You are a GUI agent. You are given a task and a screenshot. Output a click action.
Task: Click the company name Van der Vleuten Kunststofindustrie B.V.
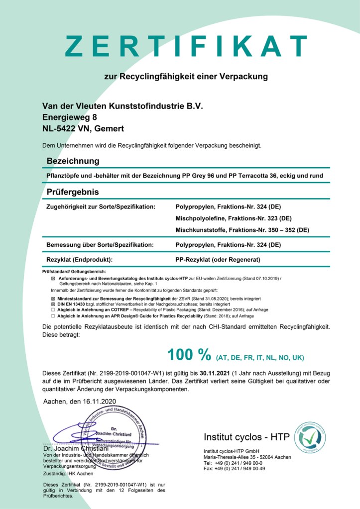pyautogui.click(x=123, y=106)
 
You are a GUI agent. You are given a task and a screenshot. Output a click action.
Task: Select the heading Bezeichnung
pyautogui.click(x=73, y=161)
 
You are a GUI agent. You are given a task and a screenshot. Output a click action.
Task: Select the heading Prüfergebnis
pyautogui.click(x=73, y=192)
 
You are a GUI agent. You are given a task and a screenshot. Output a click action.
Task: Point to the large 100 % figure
pyautogui.click(x=190, y=355)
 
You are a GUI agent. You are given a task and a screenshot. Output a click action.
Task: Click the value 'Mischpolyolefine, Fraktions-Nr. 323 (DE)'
pyautogui.click(x=234, y=218)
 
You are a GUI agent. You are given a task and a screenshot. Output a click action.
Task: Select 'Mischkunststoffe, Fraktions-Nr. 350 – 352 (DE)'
pyautogui.click(x=242, y=230)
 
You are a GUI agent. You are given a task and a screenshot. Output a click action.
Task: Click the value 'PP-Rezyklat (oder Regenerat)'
pyautogui.click(x=218, y=259)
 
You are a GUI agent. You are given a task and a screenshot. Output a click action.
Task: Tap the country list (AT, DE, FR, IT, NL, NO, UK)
pyautogui.click(x=260, y=357)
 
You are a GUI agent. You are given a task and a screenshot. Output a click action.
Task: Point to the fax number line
pyautogui.click(x=234, y=468)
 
